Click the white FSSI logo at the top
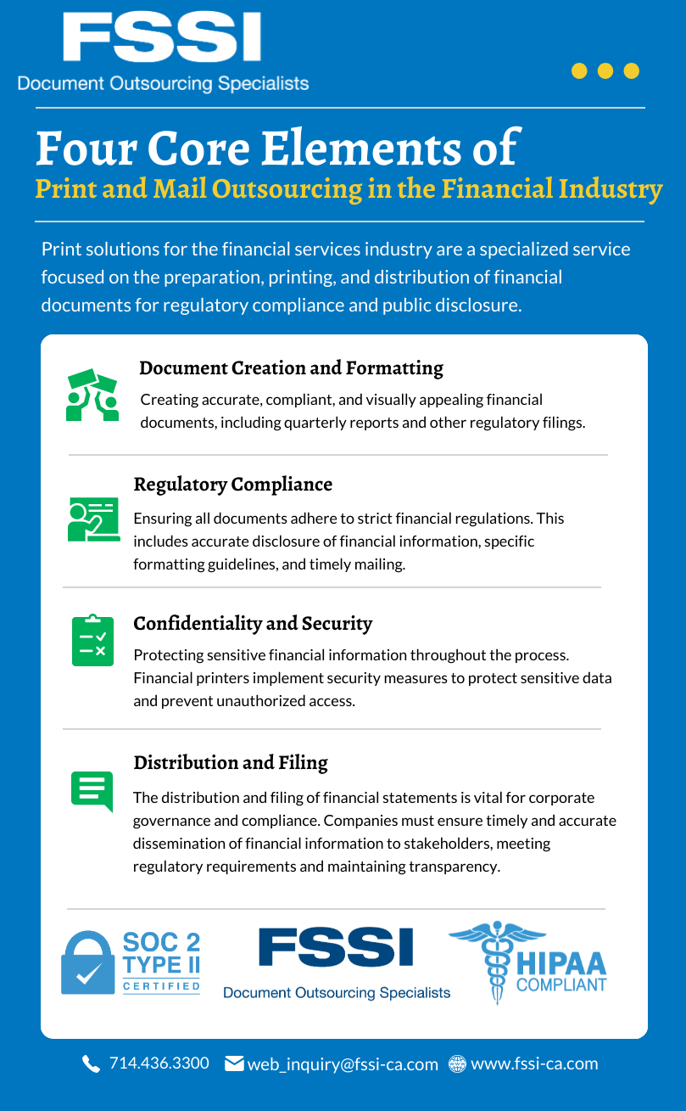tap(162, 37)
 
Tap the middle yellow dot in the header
tap(605, 70)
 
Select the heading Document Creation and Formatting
tap(291, 368)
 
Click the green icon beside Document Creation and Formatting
tap(92, 395)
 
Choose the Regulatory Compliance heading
tap(232, 485)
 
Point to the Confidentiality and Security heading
tap(253, 624)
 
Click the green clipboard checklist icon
tap(92, 641)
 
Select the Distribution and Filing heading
tap(231, 763)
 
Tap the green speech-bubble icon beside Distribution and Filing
tap(92, 791)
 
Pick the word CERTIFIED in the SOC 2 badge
tap(161, 986)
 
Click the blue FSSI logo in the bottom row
tap(336, 948)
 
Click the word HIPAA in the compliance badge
tap(561, 963)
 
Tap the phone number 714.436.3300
tap(159, 1063)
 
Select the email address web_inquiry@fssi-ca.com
tap(343, 1064)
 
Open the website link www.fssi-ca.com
tap(534, 1063)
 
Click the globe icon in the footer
tap(457, 1063)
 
